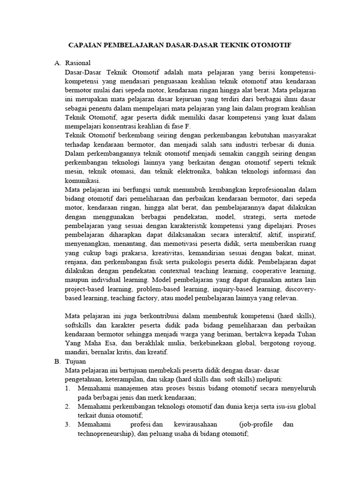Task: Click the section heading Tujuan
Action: coord(76,362)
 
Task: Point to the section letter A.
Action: coord(57,62)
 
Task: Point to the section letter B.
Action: coord(57,362)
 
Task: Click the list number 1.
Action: coord(67,389)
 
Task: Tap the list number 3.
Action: coord(67,424)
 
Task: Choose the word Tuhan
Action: coord(305,334)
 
